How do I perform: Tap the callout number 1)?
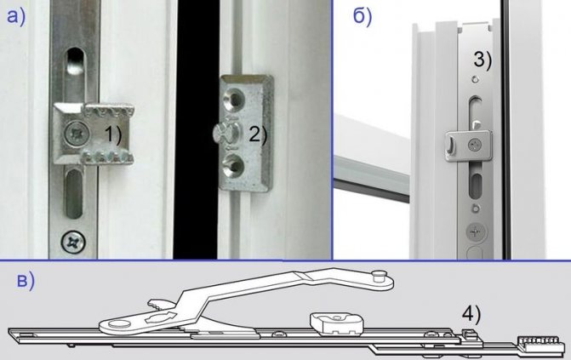[x=113, y=133]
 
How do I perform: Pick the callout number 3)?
[x=484, y=61]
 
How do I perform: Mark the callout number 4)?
[x=472, y=314]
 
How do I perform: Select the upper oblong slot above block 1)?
[x=74, y=69]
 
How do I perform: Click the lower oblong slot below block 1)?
[x=74, y=192]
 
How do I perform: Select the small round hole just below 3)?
[x=473, y=82]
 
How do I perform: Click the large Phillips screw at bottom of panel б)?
[x=473, y=231]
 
